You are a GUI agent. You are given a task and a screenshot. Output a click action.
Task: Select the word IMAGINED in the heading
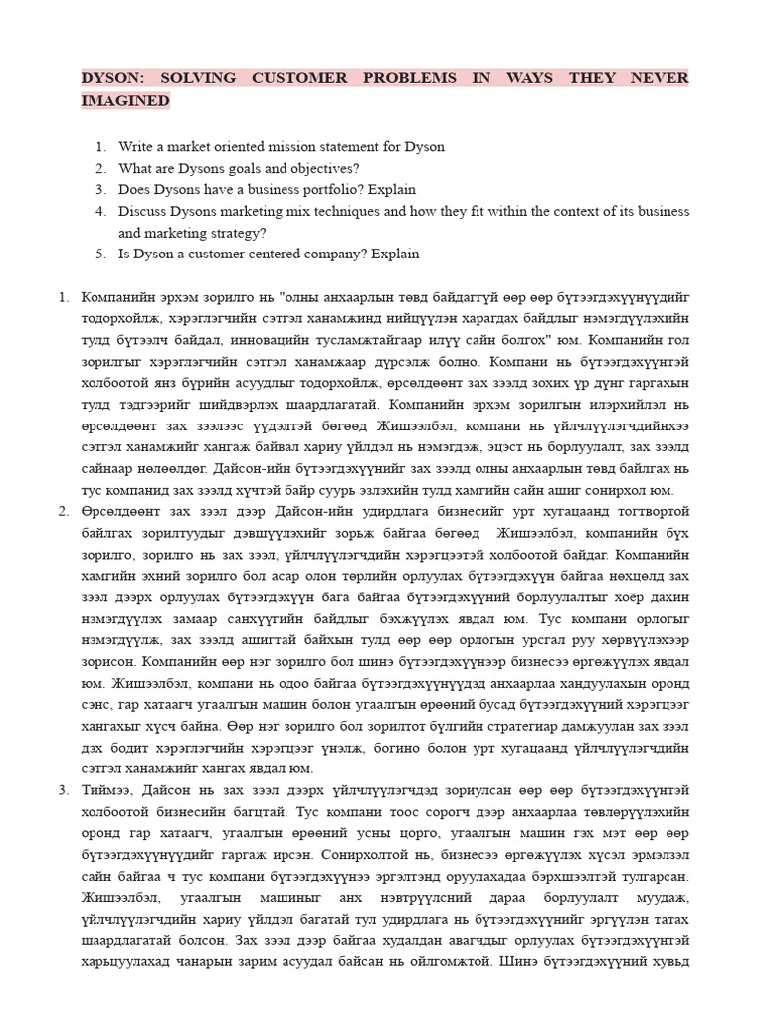point(125,101)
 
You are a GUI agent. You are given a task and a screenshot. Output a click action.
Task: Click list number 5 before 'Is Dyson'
point(100,254)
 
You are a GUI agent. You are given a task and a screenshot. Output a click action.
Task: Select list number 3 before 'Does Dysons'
point(100,189)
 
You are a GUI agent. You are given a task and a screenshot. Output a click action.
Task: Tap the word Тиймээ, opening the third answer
point(111,790)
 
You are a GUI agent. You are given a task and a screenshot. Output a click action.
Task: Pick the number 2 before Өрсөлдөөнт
point(63,511)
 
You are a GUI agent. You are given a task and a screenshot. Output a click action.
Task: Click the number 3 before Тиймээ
point(63,790)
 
